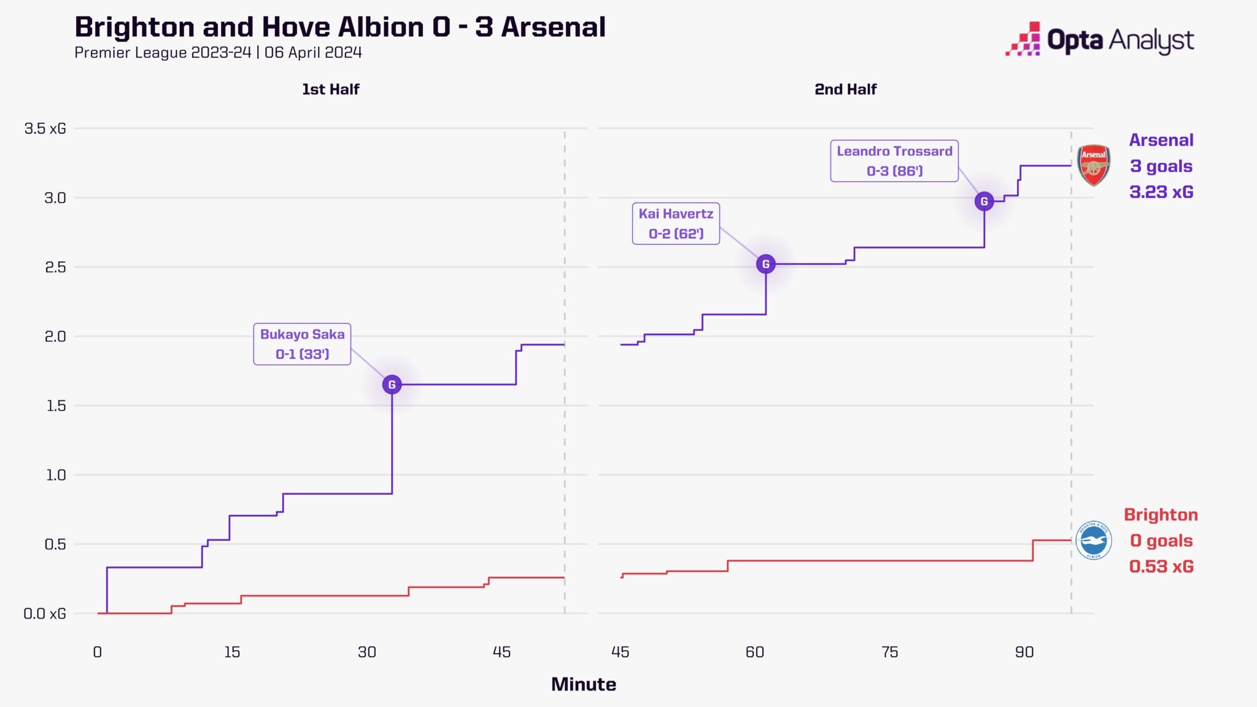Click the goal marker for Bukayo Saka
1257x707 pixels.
[x=392, y=385]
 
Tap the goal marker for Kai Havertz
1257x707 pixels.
[x=765, y=264]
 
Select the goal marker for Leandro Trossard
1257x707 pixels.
[x=984, y=201]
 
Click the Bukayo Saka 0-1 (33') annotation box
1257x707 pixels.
[x=302, y=344]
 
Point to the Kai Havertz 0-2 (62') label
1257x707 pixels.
[x=676, y=224]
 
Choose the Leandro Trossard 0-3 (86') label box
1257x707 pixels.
[x=894, y=161]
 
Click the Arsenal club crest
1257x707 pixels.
[x=1093, y=165]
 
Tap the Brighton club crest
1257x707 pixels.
[x=1093, y=541]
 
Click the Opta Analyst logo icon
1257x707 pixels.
[x=1023, y=39]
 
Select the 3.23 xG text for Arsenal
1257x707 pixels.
[x=1161, y=192]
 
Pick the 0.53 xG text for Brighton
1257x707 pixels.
[x=1161, y=566]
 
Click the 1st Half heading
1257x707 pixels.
[x=330, y=90]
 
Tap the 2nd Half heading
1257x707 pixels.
[x=845, y=90]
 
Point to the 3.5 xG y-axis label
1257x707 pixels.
[x=45, y=129]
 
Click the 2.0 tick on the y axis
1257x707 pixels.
[x=55, y=336]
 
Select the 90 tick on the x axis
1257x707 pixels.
[x=1024, y=652]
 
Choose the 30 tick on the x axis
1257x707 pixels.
[x=366, y=652]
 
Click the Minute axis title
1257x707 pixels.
[x=583, y=684]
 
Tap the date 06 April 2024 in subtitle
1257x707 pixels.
[x=313, y=53]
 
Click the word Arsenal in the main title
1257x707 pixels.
[x=553, y=28]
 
